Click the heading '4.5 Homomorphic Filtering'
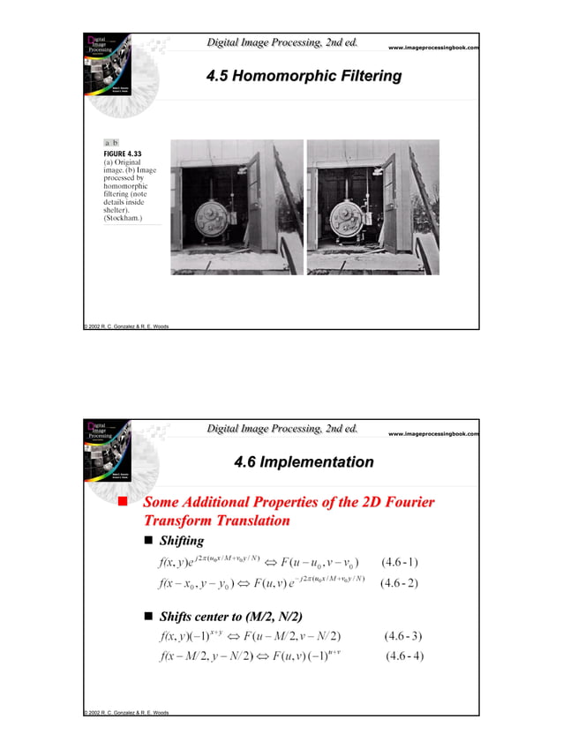(304, 78)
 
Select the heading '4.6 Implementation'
(304, 462)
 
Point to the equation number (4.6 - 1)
(400, 561)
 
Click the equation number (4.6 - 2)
(400, 583)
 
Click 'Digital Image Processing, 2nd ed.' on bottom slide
(281, 430)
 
